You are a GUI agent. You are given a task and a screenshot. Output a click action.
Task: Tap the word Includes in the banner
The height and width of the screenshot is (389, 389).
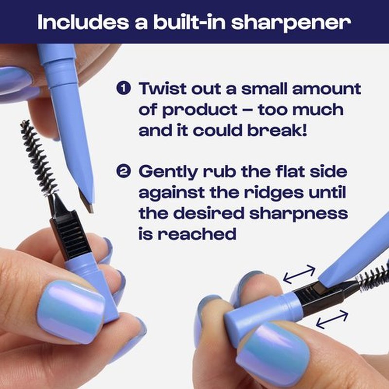pyautogui.click(x=83, y=22)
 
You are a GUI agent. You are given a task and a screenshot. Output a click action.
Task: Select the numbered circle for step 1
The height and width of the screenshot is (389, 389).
pyautogui.click(x=124, y=88)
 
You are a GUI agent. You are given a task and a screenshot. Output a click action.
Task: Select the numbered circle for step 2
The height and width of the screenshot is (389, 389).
pyautogui.click(x=124, y=171)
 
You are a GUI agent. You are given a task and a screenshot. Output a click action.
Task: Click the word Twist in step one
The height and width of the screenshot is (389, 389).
pyautogui.click(x=162, y=88)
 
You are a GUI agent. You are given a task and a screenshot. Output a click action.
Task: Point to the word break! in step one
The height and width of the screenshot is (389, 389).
pyautogui.click(x=277, y=130)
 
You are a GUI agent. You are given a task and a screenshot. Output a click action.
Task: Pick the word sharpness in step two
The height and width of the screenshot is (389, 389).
pyautogui.click(x=299, y=214)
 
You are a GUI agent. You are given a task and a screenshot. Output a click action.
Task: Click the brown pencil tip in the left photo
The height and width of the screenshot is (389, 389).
pyautogui.click(x=86, y=200)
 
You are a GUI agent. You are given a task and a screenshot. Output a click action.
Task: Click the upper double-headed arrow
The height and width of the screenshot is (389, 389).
pyautogui.click(x=299, y=274)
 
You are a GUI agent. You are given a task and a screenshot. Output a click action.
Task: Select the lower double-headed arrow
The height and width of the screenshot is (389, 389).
pyautogui.click(x=332, y=319)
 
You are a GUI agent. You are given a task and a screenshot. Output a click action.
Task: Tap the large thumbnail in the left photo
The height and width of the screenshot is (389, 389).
pyautogui.click(x=71, y=312)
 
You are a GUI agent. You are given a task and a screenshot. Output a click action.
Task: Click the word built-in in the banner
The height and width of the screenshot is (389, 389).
pyautogui.click(x=189, y=22)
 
